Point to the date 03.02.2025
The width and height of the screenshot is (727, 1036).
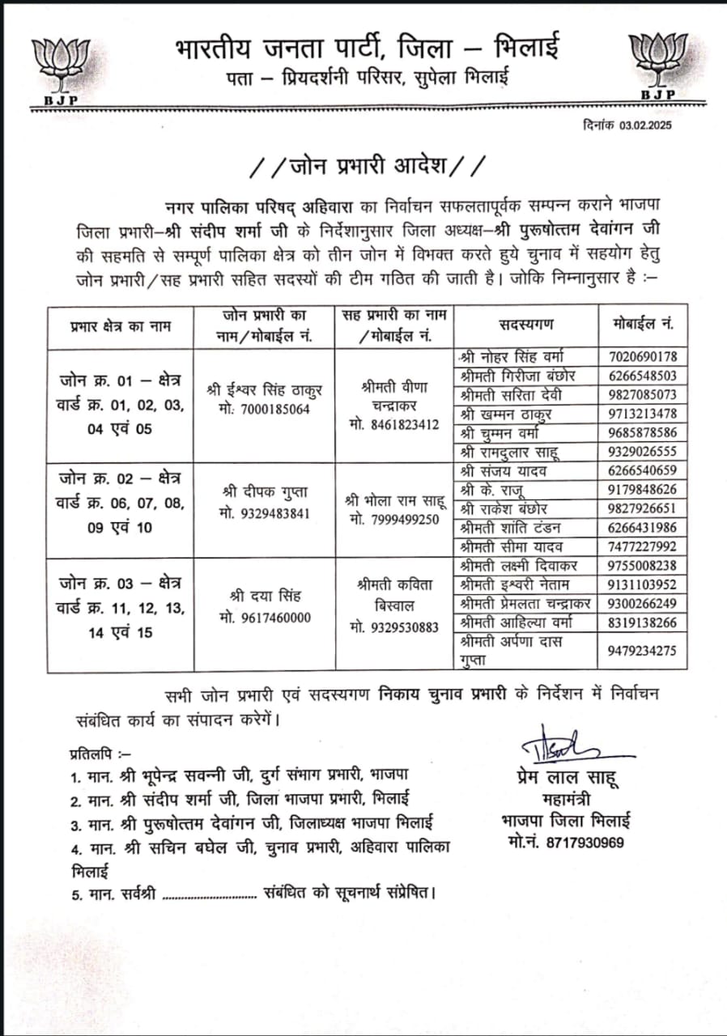646,125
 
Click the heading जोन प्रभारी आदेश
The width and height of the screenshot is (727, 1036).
368,167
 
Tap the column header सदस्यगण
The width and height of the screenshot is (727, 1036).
526,325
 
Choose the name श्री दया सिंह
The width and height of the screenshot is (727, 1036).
265,597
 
